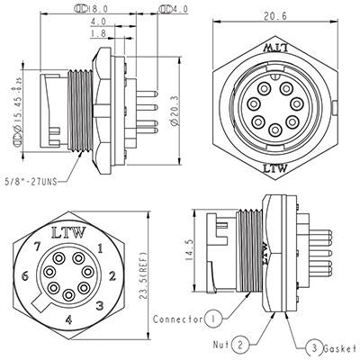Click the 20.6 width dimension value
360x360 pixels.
(274, 16)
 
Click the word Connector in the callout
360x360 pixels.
(176, 319)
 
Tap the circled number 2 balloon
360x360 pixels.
(240, 344)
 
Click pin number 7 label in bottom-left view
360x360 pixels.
(39, 246)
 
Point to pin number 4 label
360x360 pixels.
(69, 319)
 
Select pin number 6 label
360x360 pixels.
(27, 275)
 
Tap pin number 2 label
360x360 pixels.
(110, 275)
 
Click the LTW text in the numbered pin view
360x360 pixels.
(69, 232)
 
